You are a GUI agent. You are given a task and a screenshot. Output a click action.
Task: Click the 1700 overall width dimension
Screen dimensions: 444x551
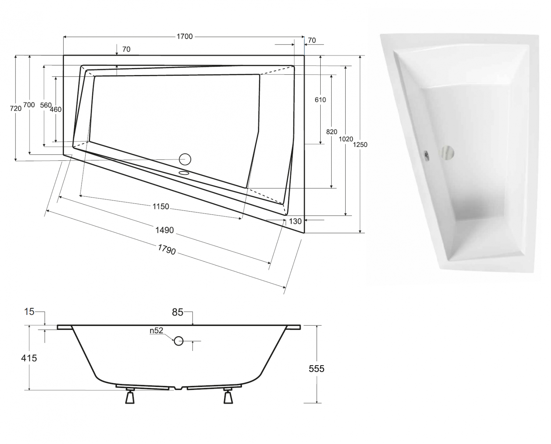184,36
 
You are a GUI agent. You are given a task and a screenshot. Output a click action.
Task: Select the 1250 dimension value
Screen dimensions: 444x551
360,145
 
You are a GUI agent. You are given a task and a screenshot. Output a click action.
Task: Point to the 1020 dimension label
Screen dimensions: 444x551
346,139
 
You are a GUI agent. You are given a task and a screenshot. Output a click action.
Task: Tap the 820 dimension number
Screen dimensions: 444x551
331,132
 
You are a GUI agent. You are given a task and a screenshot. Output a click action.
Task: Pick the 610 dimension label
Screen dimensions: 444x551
320,100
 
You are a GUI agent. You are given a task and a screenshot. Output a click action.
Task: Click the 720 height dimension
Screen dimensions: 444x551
16,108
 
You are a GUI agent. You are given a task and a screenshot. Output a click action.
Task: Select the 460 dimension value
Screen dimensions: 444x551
56,109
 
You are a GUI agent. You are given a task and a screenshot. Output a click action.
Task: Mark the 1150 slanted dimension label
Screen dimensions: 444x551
161,206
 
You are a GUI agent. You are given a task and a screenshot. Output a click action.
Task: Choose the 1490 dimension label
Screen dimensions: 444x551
164,230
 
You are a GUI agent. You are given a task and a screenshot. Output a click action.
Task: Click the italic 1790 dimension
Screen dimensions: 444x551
167,250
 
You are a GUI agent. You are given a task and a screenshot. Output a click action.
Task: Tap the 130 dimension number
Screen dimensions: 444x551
295,221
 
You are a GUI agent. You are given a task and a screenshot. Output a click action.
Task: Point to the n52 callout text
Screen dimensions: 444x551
156,331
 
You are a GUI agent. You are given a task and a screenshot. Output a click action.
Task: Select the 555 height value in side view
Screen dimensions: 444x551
317,369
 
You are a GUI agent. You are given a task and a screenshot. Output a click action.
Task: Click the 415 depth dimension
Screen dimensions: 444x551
29,358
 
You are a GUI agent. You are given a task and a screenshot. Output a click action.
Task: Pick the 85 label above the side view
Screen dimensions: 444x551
177,312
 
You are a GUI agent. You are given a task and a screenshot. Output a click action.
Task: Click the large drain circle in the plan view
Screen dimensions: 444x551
185,159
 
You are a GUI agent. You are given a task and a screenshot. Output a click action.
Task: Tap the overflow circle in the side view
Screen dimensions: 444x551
179,341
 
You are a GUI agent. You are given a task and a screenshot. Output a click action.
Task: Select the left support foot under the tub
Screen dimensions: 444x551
130,396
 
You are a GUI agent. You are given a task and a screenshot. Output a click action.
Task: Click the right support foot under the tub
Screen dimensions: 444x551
228,396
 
